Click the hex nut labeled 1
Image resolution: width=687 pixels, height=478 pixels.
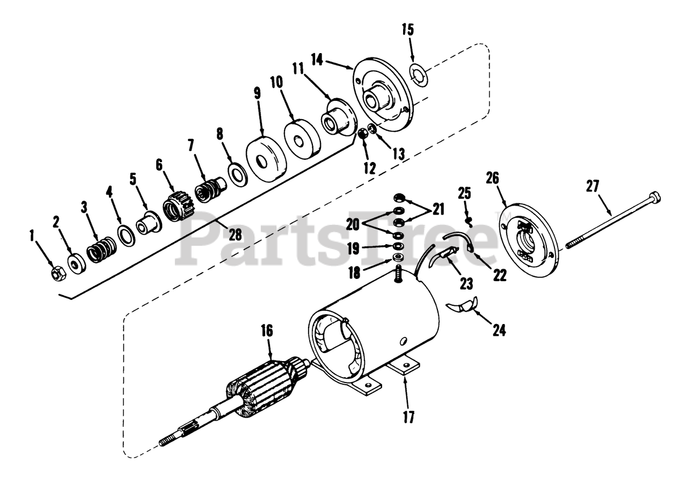pyautogui.click(x=57, y=273)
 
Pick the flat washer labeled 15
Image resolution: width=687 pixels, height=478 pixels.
pyautogui.click(x=418, y=75)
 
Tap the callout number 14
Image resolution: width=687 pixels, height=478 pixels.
pyautogui.click(x=317, y=60)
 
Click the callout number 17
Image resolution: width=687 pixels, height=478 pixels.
pyautogui.click(x=410, y=417)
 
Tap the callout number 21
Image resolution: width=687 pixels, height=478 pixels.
pyautogui.click(x=438, y=208)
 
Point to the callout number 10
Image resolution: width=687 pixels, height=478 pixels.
pyautogui.click(x=276, y=83)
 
